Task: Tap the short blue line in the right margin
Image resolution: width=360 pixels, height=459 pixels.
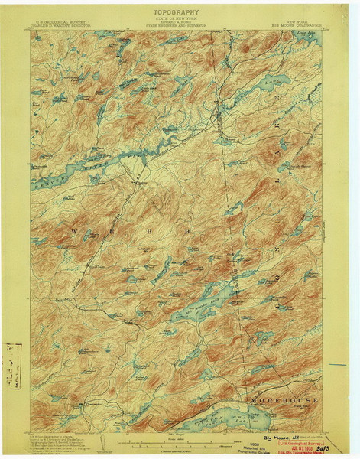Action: click(339, 363)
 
